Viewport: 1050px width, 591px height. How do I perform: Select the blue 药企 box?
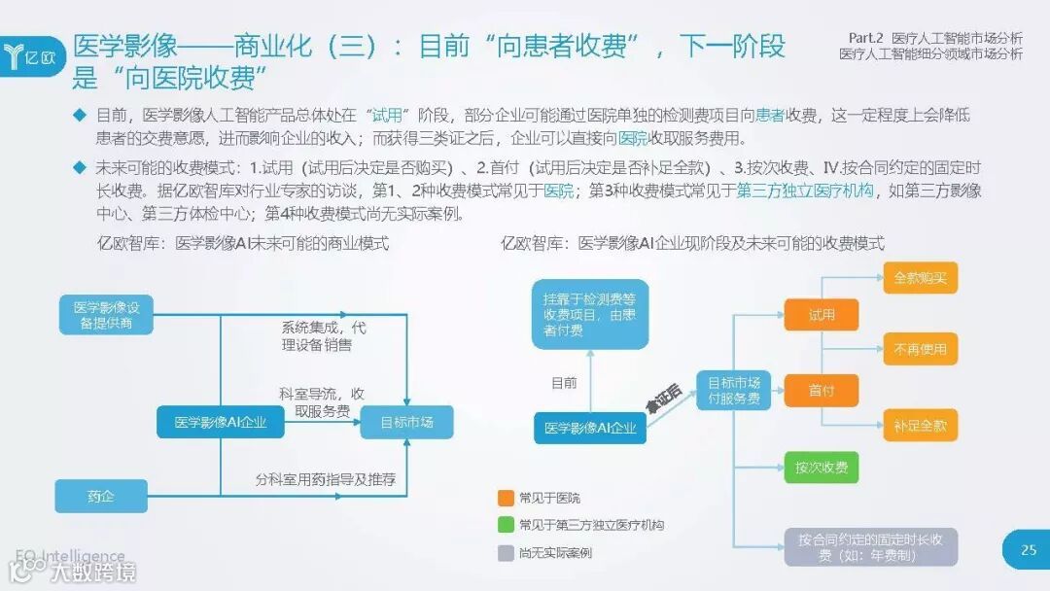pos(101,496)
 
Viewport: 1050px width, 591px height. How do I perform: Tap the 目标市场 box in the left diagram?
pos(406,422)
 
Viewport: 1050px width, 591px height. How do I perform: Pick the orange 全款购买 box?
pos(920,278)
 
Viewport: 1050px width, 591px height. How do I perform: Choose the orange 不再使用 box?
pos(920,349)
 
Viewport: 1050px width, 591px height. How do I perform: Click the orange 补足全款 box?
pos(920,425)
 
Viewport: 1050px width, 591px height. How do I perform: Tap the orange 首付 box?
pos(822,391)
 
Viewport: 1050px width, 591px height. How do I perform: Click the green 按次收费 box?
pos(822,468)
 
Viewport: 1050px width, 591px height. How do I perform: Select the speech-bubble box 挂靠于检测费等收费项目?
pos(590,315)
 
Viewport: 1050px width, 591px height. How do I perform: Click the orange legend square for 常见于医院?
pos(505,498)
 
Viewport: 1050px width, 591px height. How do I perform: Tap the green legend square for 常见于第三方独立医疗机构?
pos(505,525)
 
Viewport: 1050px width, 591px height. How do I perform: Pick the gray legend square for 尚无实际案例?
pos(505,552)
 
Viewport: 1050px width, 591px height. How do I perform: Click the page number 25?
pos(1028,550)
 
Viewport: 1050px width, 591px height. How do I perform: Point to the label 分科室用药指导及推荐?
pos(326,480)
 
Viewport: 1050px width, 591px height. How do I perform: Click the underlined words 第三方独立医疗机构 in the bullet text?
pos(805,191)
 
